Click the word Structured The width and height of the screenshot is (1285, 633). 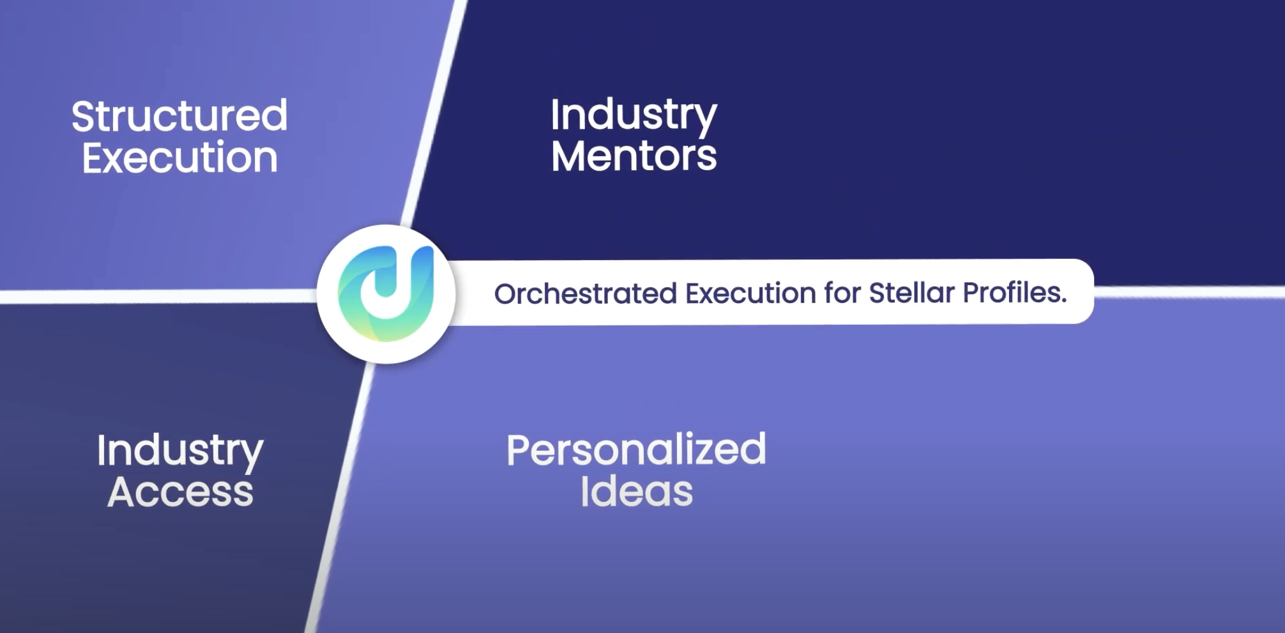pyautogui.click(x=179, y=116)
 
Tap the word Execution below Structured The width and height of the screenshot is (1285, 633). pyautogui.click(x=180, y=158)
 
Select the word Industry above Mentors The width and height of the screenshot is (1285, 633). pyautogui.click(x=634, y=115)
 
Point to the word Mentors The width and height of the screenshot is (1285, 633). pyautogui.click(x=634, y=156)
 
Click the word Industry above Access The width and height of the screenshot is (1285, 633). pyautogui.click(x=180, y=451)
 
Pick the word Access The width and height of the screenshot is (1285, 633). pyautogui.click(x=180, y=492)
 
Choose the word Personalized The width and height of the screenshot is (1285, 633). pyautogui.click(x=636, y=450)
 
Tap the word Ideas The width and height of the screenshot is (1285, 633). pyautogui.click(x=636, y=492)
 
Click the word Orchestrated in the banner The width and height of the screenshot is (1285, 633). pyautogui.click(x=585, y=294)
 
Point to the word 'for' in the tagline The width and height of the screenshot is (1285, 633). pyautogui.click(x=841, y=293)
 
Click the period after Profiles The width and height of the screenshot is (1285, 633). pyautogui.click(x=1063, y=301)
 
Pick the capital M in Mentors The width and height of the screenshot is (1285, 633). pyautogui.click(x=568, y=156)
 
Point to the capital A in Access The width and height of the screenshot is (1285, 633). pyautogui.click(x=122, y=492)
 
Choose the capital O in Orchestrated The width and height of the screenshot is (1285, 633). pyautogui.click(x=505, y=294)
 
